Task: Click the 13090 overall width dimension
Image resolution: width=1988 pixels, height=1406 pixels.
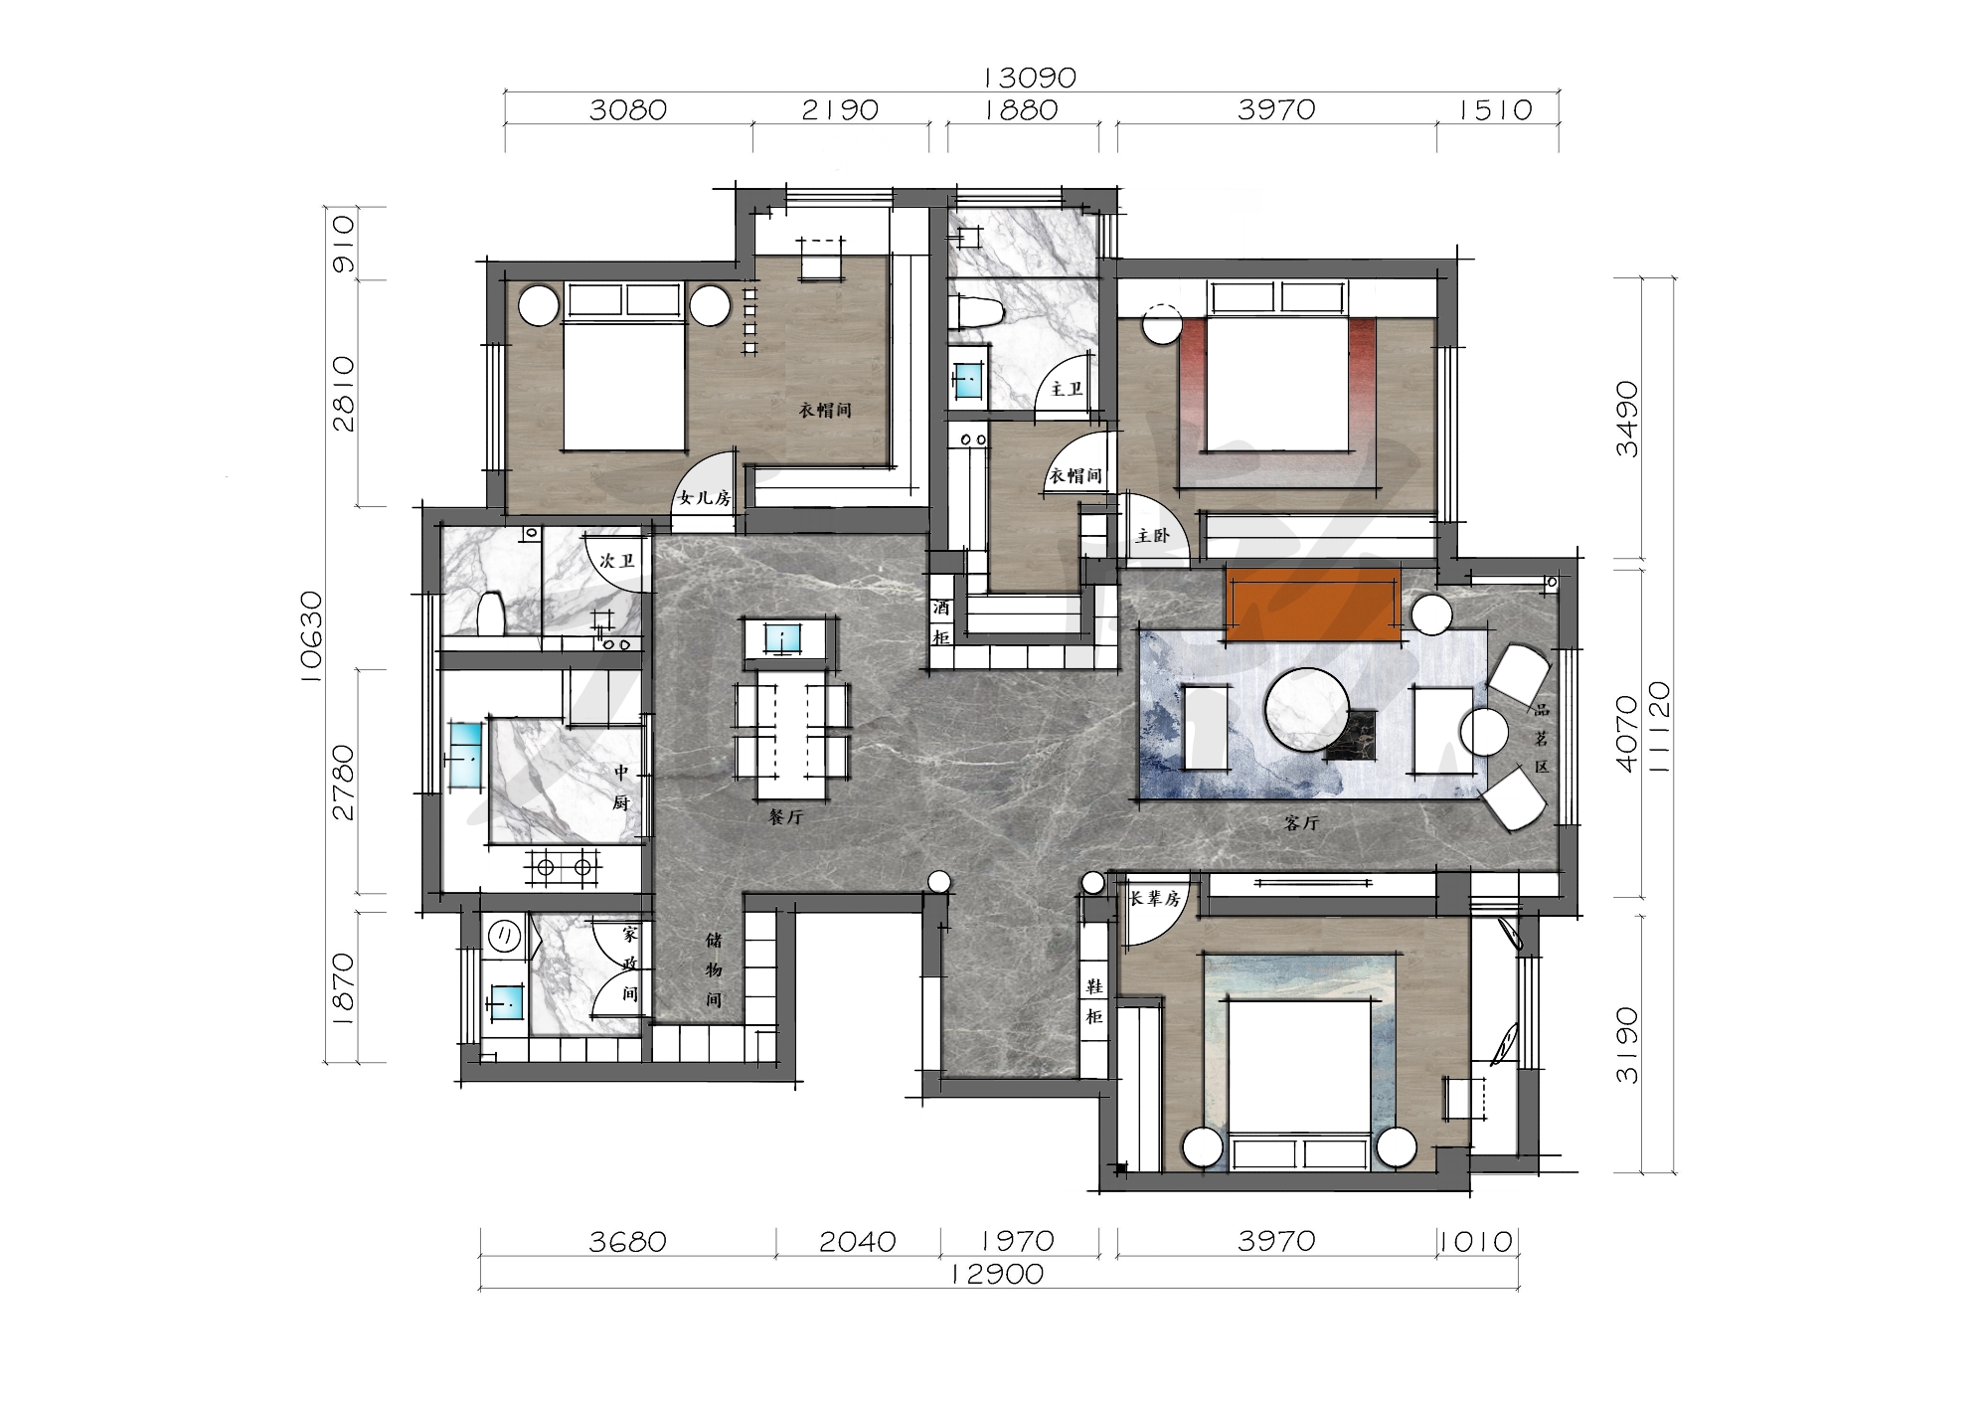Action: (1029, 77)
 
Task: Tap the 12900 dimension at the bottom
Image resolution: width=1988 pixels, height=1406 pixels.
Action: (997, 1274)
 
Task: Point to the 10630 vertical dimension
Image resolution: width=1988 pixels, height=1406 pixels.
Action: (312, 636)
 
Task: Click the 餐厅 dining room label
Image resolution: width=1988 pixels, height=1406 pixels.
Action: (785, 817)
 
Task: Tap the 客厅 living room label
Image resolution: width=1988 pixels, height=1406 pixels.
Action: (1301, 823)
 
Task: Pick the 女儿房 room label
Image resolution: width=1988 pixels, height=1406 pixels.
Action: (704, 498)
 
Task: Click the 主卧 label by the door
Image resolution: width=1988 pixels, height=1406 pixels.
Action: (1152, 536)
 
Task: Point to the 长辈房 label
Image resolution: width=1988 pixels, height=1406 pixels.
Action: (1154, 899)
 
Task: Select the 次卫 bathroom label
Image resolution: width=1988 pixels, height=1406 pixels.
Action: (617, 561)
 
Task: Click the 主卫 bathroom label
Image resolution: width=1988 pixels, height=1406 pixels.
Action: (1066, 389)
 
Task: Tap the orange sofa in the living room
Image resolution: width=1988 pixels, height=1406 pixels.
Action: (1313, 604)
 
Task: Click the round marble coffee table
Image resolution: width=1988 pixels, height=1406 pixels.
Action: (1308, 709)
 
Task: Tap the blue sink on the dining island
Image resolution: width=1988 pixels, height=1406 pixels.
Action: (785, 637)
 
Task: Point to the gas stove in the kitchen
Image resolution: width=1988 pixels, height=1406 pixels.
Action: (564, 867)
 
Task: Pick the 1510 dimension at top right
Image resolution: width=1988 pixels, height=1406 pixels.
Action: (1496, 108)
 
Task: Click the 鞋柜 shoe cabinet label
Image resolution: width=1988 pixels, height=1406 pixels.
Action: (1093, 1001)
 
